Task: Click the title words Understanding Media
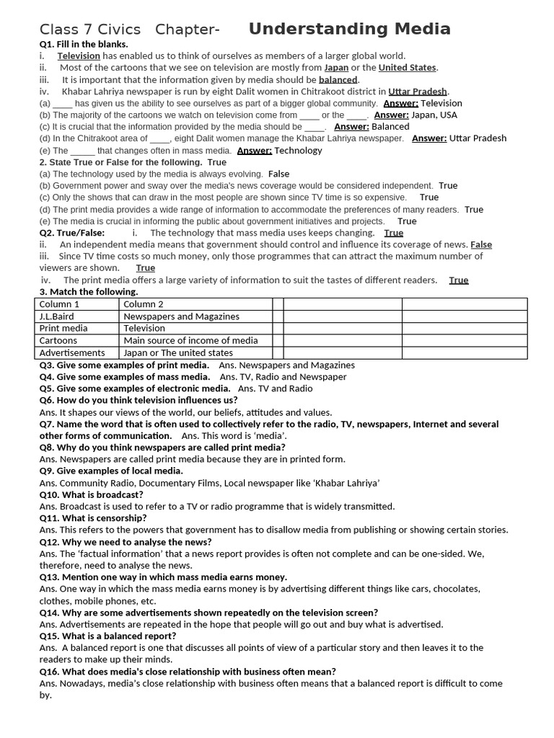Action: [x=349, y=29]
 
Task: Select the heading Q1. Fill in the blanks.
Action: [x=84, y=44]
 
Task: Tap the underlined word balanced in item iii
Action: [x=338, y=79]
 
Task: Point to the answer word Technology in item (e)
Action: [x=298, y=151]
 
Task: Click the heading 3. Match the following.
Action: [x=89, y=292]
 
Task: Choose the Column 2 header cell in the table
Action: [x=144, y=304]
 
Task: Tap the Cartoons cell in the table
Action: [x=58, y=340]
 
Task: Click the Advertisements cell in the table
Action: [x=72, y=352]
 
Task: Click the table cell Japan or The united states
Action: [x=178, y=352]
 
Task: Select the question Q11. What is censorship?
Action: [x=93, y=518]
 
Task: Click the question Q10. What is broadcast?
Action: [x=92, y=495]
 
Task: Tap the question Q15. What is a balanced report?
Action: [x=107, y=636]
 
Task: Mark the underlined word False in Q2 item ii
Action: [x=481, y=245]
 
